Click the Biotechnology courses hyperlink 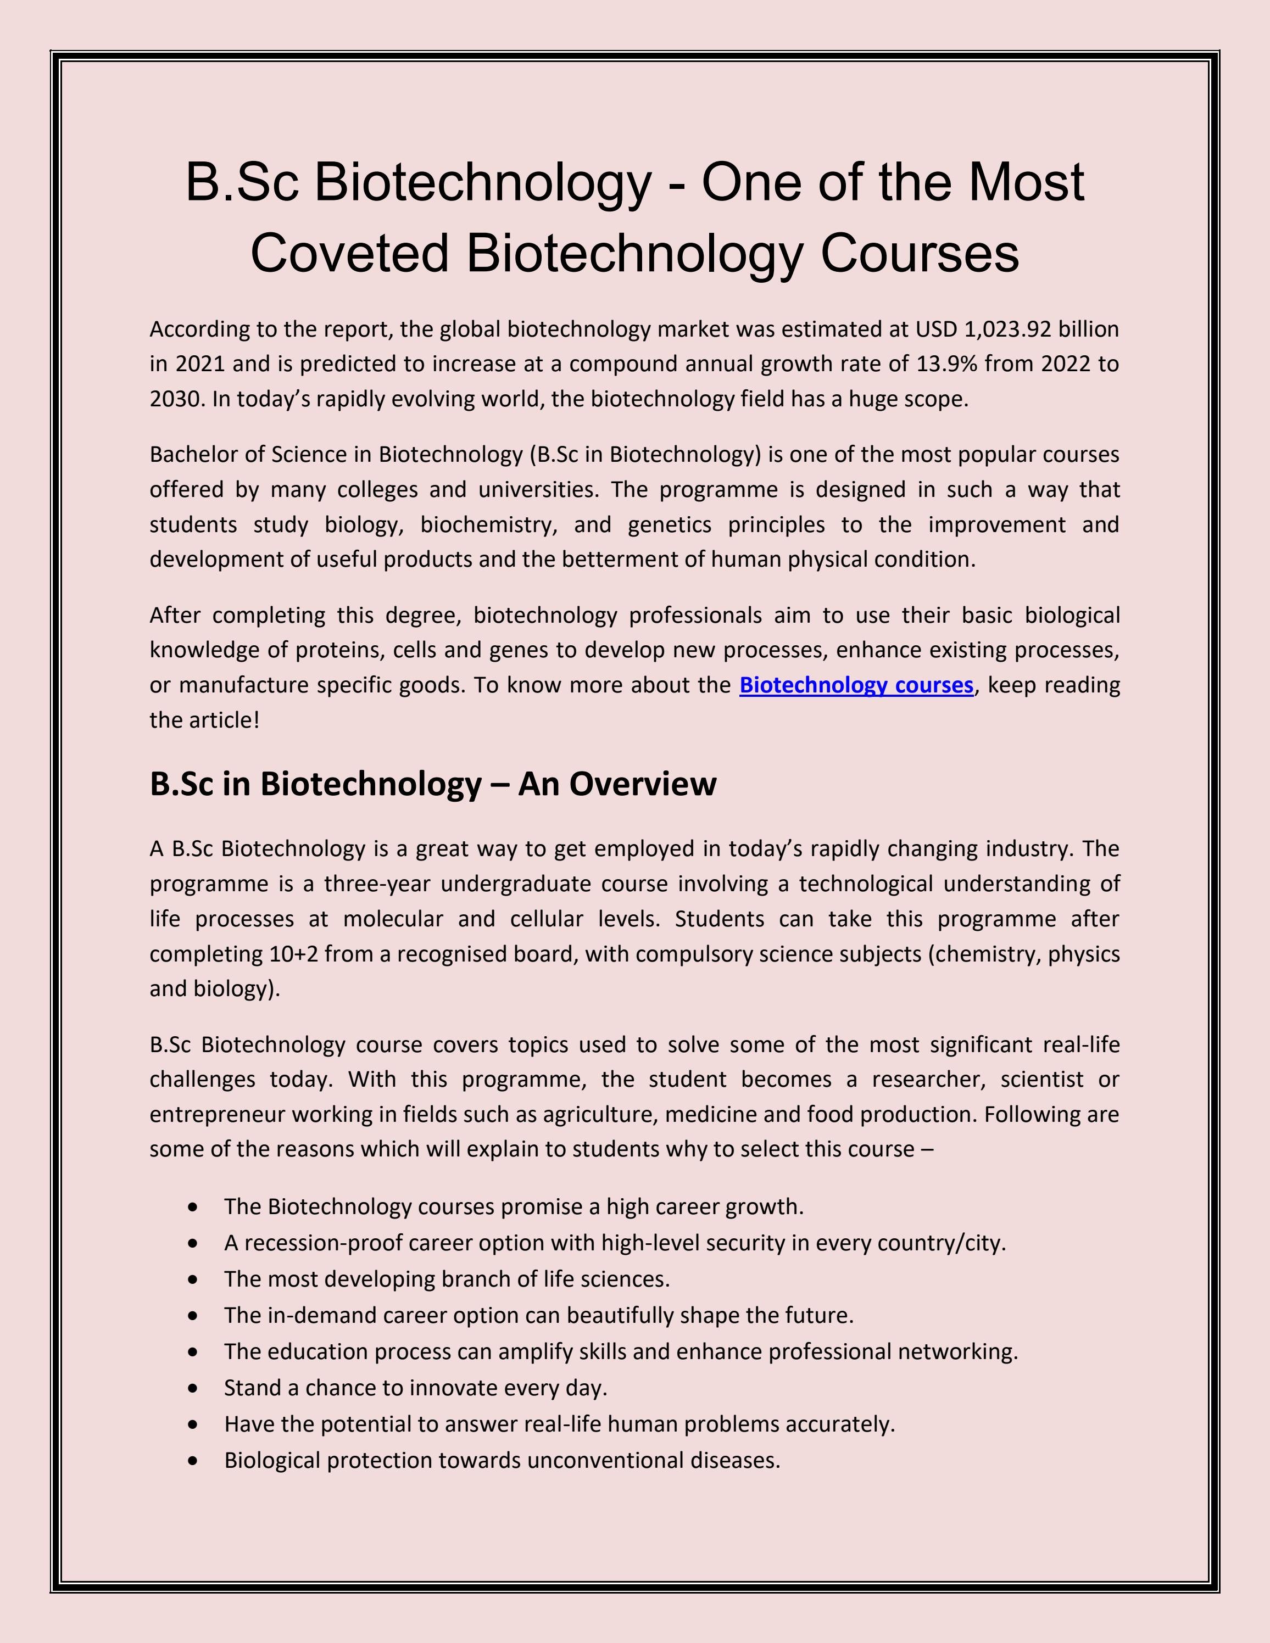[856, 685]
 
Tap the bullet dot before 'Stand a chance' [194, 1388]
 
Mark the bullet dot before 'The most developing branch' [194, 1279]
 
